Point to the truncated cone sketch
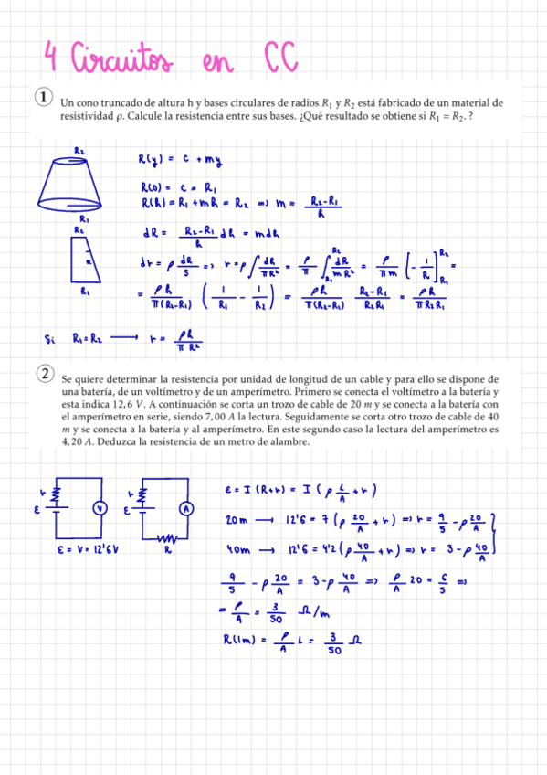[80, 183]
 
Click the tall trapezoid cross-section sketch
[84, 260]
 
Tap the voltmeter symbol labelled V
[101, 507]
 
